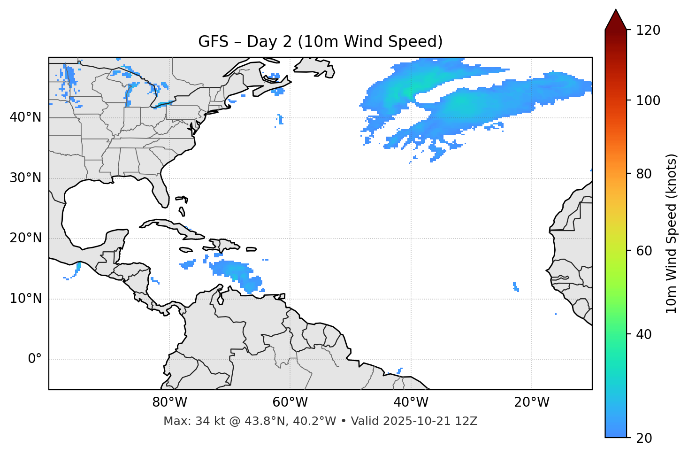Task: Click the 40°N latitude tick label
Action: click(x=25, y=117)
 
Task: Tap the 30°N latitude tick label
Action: click(x=25, y=178)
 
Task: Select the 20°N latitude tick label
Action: click(x=25, y=239)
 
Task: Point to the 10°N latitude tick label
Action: click(x=25, y=299)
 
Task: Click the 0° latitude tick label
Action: click(x=35, y=359)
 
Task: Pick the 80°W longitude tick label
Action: click(x=169, y=402)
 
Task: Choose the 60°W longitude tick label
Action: click(x=290, y=402)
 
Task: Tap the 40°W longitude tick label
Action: click(x=411, y=402)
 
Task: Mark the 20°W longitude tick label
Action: click(x=532, y=402)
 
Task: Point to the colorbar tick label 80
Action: click(x=644, y=174)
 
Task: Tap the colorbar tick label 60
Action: click(x=644, y=251)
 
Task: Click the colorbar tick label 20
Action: click(x=644, y=438)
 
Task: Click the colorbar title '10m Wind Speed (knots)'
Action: click(x=672, y=233)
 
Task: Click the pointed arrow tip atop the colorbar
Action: click(x=616, y=11)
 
